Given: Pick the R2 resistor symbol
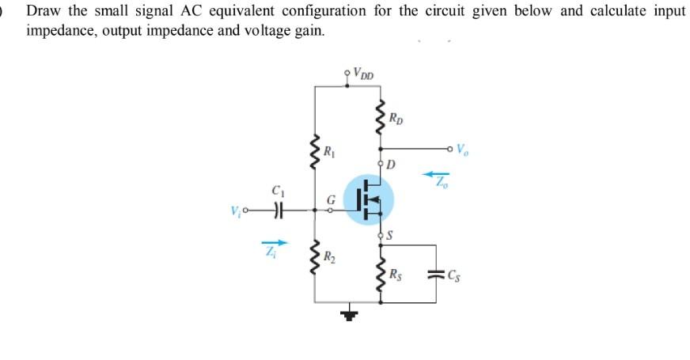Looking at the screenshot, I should coord(315,258).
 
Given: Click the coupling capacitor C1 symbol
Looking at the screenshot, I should coord(277,210).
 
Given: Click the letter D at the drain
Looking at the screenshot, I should coord(392,164).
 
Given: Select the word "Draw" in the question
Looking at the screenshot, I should coord(42,12).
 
